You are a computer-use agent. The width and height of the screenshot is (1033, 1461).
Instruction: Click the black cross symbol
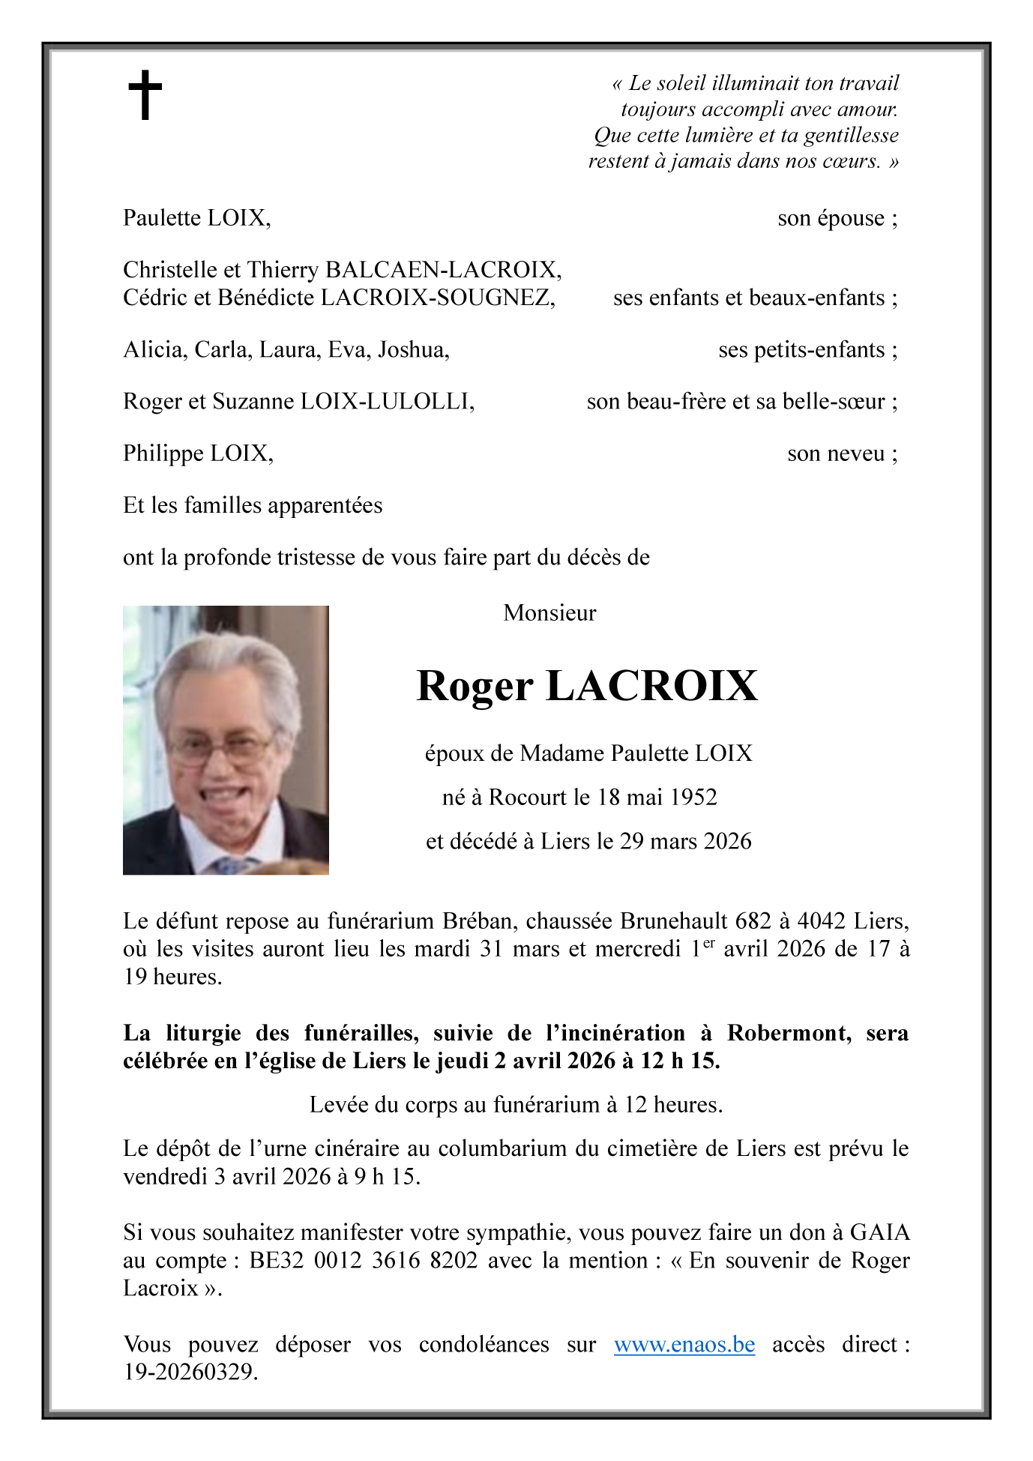[145, 94]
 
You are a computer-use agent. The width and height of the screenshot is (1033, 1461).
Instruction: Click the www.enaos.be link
[684, 1344]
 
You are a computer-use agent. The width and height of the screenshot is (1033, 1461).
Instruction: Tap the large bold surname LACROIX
[651, 686]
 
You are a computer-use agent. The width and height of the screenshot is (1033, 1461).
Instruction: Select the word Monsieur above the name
[549, 613]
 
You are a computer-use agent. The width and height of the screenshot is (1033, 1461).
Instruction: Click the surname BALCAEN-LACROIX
[443, 270]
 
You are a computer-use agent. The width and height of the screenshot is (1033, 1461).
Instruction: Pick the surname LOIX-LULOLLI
[387, 402]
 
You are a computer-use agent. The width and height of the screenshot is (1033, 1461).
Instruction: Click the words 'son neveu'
[835, 454]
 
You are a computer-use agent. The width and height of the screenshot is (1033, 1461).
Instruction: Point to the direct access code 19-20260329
[190, 1372]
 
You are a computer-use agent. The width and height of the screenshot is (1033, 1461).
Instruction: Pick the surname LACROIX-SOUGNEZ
[438, 298]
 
